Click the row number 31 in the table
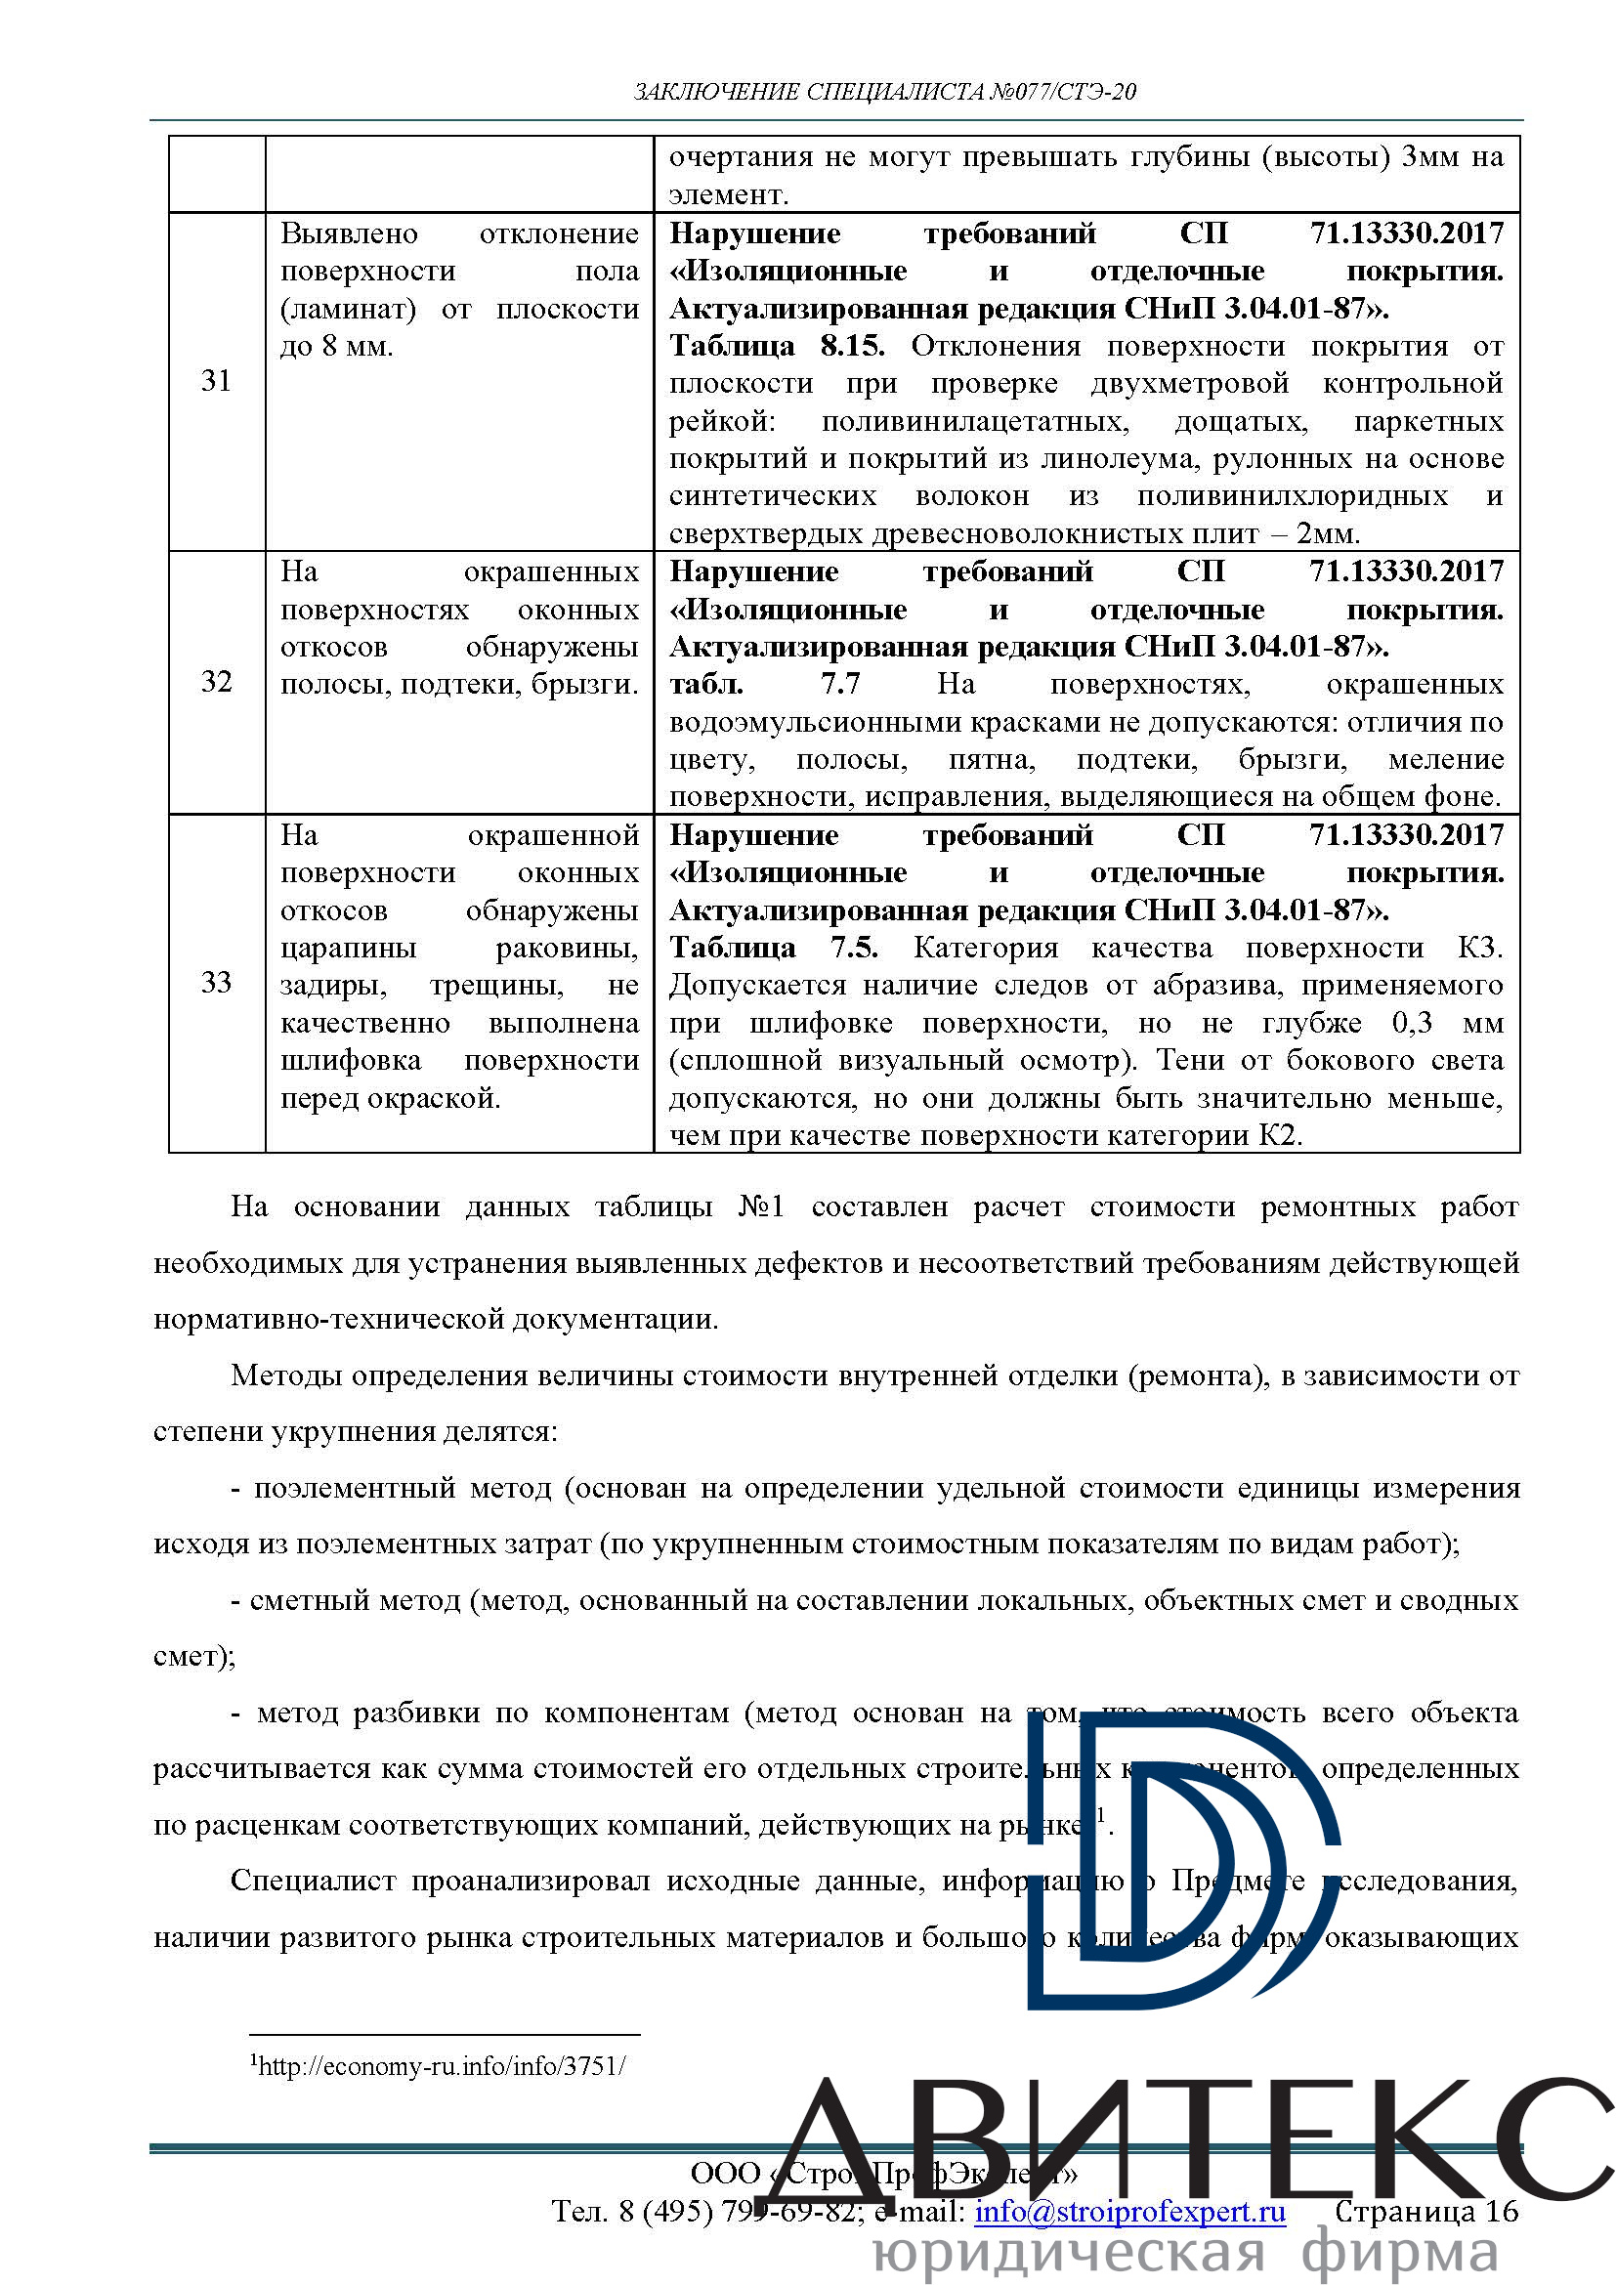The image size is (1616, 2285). [216, 381]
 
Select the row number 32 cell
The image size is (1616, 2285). [216, 682]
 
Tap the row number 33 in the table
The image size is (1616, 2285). [216, 982]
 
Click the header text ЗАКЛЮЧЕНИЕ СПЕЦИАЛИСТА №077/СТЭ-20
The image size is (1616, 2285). [884, 93]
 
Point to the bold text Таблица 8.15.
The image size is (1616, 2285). [776, 347]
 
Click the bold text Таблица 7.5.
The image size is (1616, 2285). [773, 948]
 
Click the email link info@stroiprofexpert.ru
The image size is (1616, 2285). [1129, 2212]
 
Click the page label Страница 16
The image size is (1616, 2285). [1425, 2212]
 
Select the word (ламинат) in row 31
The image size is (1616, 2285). [348, 310]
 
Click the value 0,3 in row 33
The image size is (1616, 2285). [1412, 1023]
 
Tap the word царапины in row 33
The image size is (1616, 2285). [348, 949]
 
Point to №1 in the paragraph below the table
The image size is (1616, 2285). [761, 1207]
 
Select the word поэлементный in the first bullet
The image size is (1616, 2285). [353, 1488]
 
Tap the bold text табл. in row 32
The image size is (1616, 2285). [705, 685]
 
